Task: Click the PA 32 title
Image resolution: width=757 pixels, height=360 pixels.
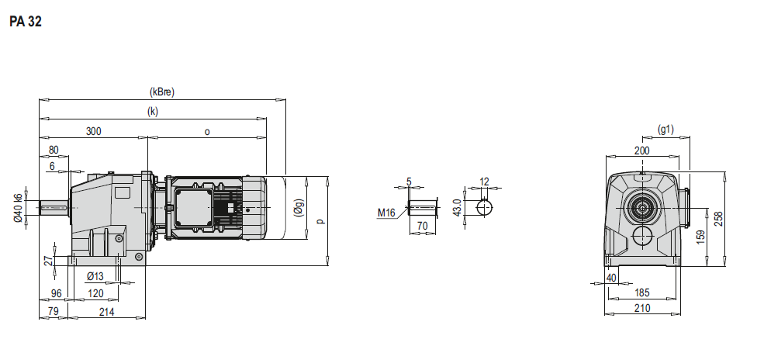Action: [25, 22]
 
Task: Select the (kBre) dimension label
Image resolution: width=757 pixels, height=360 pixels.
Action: [162, 92]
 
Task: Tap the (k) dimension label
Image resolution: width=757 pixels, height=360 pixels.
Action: [153, 111]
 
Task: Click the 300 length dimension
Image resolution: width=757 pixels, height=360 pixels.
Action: [94, 131]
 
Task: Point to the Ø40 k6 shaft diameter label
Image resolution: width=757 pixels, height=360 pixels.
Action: [19, 207]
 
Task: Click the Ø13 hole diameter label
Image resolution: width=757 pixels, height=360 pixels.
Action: [95, 276]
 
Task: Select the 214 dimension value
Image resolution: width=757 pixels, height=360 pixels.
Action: [107, 312]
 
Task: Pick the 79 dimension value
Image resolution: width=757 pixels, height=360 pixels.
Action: [54, 312]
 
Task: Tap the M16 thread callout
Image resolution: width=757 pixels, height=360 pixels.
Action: [386, 212]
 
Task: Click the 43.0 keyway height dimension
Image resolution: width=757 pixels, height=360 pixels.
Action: [458, 207]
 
